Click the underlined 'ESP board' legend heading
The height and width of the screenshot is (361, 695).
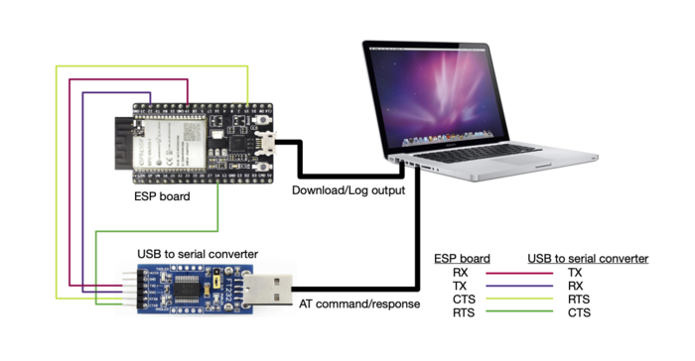pos(461,259)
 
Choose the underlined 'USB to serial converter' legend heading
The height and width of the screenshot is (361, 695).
pos(588,259)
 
